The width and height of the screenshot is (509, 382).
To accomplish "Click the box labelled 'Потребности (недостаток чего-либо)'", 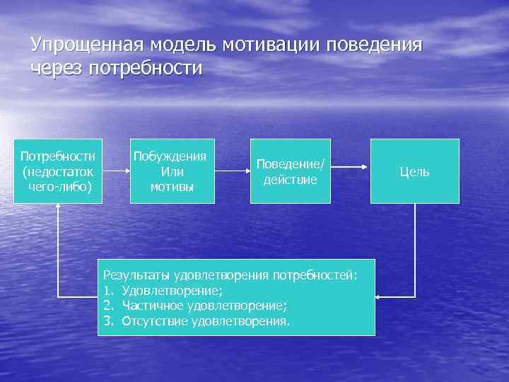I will coord(59,171).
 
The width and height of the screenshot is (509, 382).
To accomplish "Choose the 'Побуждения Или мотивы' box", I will coord(171,171).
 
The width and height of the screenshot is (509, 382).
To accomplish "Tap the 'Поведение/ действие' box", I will coord(291,171).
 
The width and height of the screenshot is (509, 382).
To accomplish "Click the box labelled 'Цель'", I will coord(414,171).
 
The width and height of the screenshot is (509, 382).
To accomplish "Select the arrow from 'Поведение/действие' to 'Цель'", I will coord(350,167).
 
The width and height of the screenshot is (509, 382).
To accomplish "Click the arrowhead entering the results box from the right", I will coord(378,296).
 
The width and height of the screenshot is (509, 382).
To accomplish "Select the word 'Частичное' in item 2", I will coord(153,305).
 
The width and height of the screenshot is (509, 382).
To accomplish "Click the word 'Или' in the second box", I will coord(172,171).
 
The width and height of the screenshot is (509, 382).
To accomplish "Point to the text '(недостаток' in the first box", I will coord(59,171).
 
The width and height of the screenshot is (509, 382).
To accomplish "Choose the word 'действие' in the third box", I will coord(291,180).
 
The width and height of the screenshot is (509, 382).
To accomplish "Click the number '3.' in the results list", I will coord(108,321).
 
